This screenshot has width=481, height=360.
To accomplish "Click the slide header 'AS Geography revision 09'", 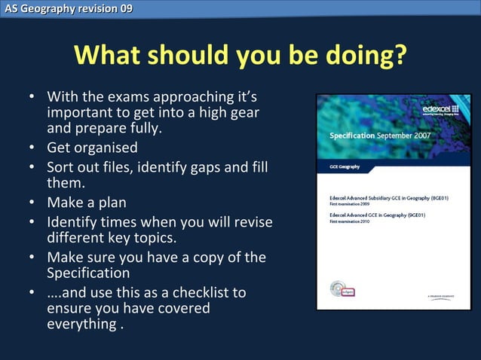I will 67,8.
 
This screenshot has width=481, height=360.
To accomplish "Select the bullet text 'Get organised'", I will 92,147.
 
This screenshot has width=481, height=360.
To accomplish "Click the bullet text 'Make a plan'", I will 86,203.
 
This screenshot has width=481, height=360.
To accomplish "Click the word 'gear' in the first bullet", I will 243,112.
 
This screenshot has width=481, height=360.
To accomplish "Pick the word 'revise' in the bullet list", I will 250,223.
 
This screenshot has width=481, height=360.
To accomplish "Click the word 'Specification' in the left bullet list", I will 88,272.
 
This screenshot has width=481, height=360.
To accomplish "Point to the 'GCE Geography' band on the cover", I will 346,166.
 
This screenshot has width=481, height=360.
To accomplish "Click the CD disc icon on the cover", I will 337,288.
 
